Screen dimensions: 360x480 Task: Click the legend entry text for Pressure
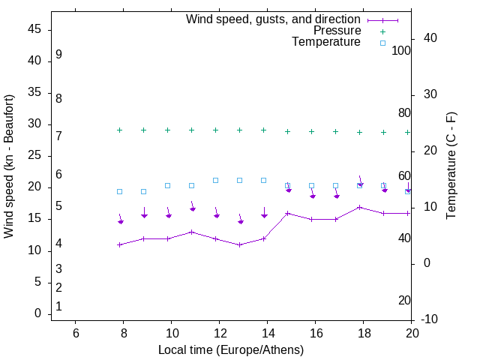point(337,31)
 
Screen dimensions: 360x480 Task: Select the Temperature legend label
point(325,42)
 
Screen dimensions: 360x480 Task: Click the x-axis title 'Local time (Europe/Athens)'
point(231,349)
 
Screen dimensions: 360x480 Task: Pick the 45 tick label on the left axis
point(34,29)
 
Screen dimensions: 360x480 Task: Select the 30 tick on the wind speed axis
point(34,124)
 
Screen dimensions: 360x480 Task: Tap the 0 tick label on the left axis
point(37,313)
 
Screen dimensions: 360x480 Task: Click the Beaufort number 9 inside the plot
point(58,55)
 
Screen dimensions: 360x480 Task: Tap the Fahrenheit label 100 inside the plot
point(401,51)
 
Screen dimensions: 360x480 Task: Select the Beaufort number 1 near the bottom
point(58,307)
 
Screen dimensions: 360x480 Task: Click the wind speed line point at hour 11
point(192,232)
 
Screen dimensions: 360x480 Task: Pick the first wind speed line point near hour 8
point(120,244)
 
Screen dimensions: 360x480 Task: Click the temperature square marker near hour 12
point(216,180)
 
